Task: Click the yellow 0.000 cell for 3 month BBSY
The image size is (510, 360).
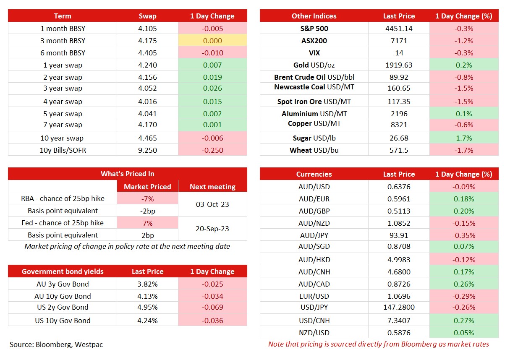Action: (212, 41)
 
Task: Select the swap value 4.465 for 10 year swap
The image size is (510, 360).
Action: (147, 138)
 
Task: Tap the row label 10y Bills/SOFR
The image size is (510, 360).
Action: (63, 150)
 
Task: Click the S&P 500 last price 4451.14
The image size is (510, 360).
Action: (399, 29)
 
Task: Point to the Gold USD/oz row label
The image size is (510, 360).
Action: (314, 65)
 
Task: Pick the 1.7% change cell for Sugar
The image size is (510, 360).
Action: (464, 138)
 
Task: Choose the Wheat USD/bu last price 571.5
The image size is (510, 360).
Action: (399, 150)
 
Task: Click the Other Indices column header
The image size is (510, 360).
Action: (314, 16)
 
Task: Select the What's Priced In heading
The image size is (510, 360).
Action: (128, 174)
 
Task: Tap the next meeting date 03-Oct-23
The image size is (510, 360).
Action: (212, 204)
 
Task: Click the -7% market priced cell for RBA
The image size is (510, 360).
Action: (147, 198)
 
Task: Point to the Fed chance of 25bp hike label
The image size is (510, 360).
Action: (63, 223)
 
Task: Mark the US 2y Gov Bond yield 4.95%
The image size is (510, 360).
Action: (147, 307)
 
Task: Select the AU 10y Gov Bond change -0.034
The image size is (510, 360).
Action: (212, 296)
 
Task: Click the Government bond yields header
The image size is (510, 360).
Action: (63, 271)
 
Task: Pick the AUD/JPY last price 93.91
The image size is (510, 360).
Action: (399, 235)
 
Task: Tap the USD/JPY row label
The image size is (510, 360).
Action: (314, 307)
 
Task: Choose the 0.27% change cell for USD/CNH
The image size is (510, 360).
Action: (464, 321)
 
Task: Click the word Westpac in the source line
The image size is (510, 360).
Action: (89, 345)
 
